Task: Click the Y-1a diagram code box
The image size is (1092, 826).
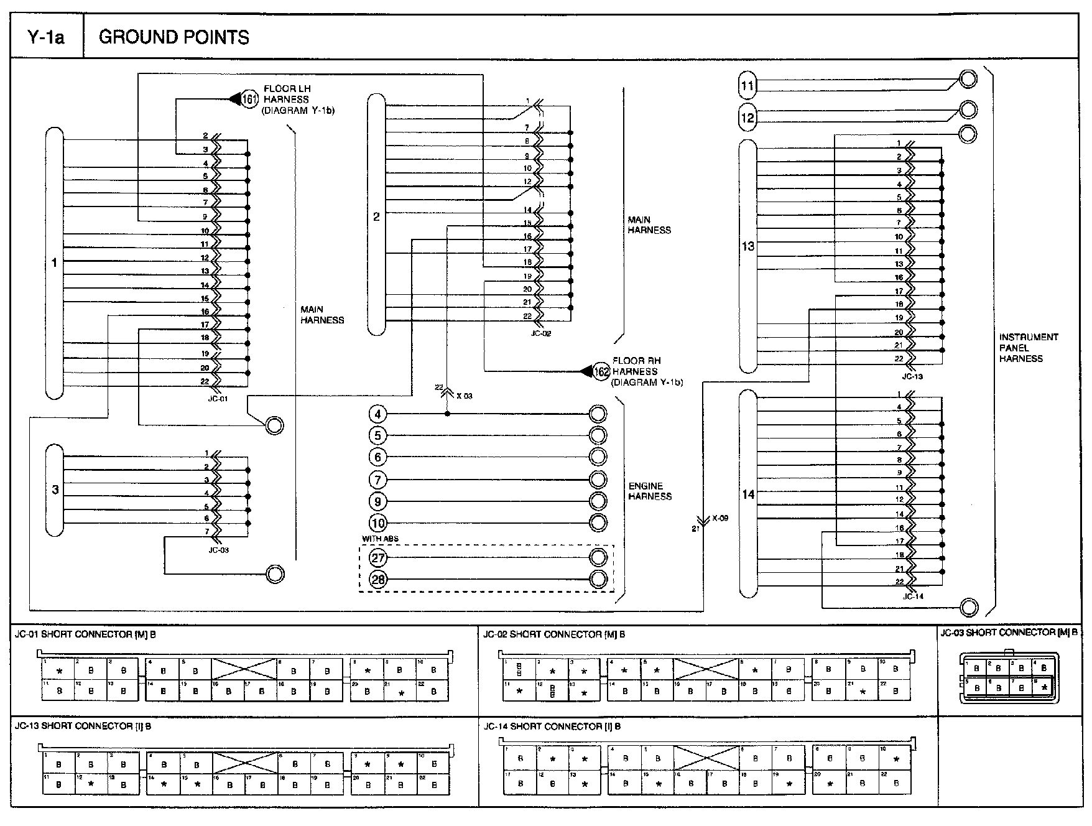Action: coord(47,37)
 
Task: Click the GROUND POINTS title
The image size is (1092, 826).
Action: coord(174,37)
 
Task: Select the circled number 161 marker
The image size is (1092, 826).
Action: coord(250,99)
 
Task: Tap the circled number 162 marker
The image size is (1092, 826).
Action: coord(601,371)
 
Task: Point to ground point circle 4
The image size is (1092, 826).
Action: coord(377,414)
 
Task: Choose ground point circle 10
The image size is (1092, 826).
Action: coord(377,523)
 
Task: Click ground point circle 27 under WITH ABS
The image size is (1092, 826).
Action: coord(377,558)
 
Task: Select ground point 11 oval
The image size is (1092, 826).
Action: coord(747,85)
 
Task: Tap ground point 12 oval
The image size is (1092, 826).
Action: coord(747,117)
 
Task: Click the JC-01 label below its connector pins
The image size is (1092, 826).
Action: coord(218,399)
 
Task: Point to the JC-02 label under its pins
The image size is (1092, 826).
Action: coord(541,333)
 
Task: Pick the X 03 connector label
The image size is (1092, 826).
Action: coord(464,396)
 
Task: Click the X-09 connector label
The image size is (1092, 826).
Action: coord(720,517)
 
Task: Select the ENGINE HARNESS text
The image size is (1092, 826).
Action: coord(649,491)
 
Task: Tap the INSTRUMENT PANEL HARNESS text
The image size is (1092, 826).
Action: coord(1028,348)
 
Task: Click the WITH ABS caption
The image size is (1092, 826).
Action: coord(380,539)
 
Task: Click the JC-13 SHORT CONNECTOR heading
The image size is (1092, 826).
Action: coord(83,726)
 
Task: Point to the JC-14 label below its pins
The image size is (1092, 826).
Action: coord(913,596)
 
